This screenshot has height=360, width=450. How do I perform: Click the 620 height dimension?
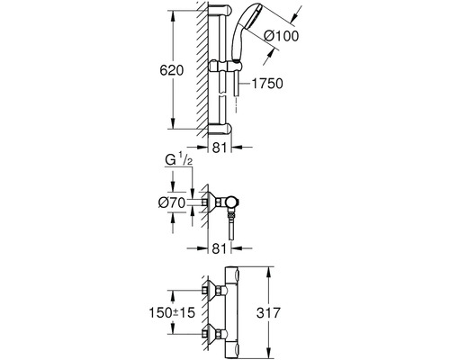tap(171, 71)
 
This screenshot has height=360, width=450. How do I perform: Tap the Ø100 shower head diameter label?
tap(281, 36)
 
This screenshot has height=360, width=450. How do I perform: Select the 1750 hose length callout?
tap(266, 84)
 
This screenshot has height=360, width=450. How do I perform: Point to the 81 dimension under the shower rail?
tap(220, 148)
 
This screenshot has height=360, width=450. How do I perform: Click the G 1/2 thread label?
tap(179, 160)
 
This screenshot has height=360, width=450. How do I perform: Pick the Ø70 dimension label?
tap(172, 203)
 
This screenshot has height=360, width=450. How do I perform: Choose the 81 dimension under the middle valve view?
tap(220, 248)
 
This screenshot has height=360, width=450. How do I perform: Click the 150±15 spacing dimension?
tap(172, 313)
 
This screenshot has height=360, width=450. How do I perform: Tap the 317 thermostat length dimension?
tap(268, 313)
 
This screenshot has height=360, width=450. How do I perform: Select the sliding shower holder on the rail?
tap(225, 67)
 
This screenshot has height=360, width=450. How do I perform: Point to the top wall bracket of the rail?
tap(220, 11)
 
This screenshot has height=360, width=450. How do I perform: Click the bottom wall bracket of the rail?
tap(220, 129)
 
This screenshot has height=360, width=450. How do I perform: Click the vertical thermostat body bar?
tap(232, 312)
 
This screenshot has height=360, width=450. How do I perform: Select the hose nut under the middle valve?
tap(231, 215)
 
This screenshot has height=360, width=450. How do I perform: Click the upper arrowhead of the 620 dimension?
tap(173, 16)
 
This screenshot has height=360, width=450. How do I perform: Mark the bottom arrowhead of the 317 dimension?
tap(269, 353)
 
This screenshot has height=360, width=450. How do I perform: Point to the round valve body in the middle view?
tap(233, 203)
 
